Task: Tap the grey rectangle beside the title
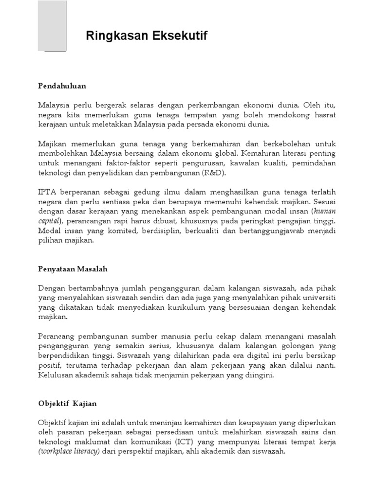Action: pos(52,25)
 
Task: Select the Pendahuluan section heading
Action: pos(62,86)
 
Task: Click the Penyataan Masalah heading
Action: pos(73,269)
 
